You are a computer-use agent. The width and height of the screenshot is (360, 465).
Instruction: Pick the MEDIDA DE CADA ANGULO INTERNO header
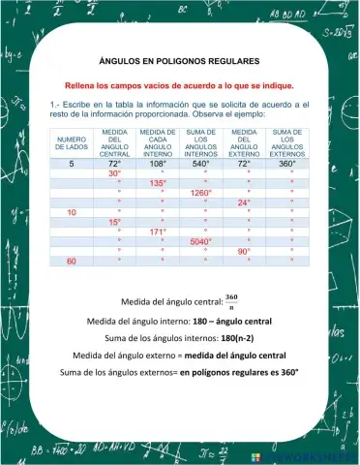(x=157, y=142)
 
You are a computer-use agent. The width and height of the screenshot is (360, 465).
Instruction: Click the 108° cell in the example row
(x=158, y=164)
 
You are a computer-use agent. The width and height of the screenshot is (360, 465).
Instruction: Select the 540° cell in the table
(x=200, y=164)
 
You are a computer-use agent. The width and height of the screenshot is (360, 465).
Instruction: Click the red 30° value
(x=114, y=173)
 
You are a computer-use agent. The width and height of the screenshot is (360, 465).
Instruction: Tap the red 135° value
(x=158, y=183)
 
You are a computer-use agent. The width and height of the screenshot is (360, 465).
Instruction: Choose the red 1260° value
(x=200, y=193)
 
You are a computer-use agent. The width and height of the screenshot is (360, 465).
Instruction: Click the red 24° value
(x=244, y=202)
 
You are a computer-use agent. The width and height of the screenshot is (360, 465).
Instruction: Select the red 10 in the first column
(x=72, y=212)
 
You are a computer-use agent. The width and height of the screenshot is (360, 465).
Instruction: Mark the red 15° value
(x=114, y=222)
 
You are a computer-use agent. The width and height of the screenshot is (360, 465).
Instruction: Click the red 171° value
(x=158, y=232)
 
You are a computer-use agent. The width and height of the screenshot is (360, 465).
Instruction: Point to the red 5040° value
(x=200, y=242)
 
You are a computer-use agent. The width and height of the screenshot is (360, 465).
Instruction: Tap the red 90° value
(x=244, y=252)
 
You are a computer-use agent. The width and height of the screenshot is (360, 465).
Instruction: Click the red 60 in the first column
(x=72, y=262)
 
